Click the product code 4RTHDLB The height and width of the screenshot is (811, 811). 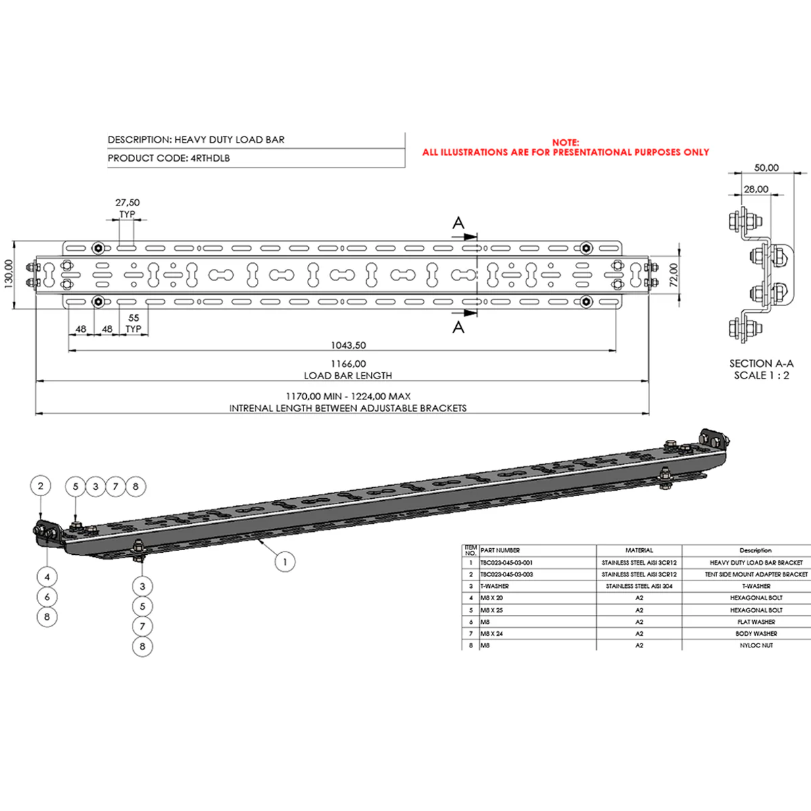(211, 158)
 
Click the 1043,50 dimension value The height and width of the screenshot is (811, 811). (348, 345)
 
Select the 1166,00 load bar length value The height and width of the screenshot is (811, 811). (348, 364)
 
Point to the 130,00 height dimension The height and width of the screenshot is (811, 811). (9, 274)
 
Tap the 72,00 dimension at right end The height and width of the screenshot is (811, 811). (673, 274)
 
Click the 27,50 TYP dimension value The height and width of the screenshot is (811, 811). (127, 203)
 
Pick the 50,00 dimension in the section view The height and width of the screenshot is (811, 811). (766, 168)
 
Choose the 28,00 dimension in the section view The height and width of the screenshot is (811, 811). (756, 189)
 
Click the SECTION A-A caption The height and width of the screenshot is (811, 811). (761, 364)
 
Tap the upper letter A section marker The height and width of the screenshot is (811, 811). (458, 223)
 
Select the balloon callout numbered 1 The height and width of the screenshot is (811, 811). (285, 562)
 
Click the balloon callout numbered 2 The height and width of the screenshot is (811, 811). (41, 486)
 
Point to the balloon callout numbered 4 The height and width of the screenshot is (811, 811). (47, 577)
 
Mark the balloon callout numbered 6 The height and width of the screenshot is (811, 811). (47, 597)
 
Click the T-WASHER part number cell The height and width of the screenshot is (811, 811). (495, 586)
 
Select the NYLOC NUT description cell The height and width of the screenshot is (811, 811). (756, 645)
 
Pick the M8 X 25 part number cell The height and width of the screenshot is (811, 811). (491, 610)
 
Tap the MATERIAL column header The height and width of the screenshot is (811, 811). (639, 551)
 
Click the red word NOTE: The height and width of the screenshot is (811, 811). (566, 143)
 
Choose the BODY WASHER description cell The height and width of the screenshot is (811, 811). (756, 634)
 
